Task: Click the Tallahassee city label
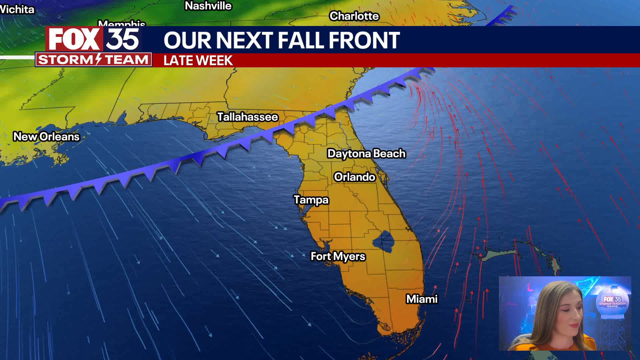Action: [x=248, y=117]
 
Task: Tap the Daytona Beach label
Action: [x=366, y=154]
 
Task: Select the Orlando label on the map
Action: [x=355, y=177]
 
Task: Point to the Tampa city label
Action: [x=311, y=200]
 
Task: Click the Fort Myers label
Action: [x=338, y=256]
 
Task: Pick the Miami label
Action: [x=422, y=299]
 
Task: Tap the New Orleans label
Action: [x=46, y=137]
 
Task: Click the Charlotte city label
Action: [x=354, y=16]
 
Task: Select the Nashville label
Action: [x=208, y=6]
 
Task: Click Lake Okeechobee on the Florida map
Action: [x=383, y=241]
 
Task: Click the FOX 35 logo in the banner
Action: [x=94, y=39]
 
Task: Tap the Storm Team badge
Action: [x=93, y=60]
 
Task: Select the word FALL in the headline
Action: [x=301, y=40]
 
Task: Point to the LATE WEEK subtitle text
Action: [x=198, y=61]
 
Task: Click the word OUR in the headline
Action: [x=188, y=40]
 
